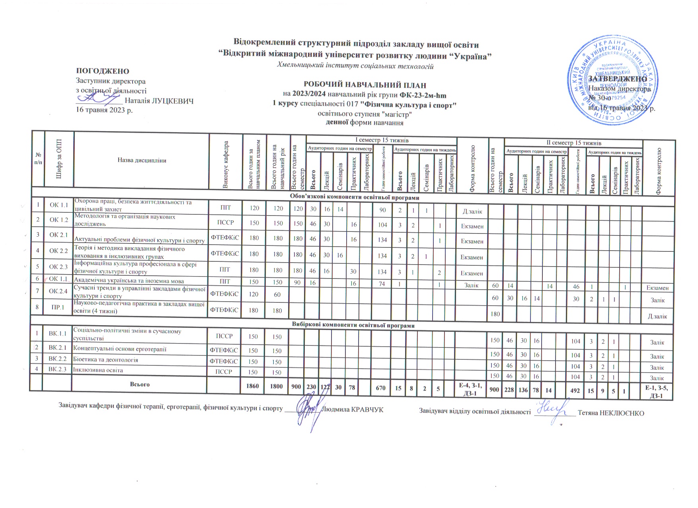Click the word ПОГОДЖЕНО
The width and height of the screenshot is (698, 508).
103,71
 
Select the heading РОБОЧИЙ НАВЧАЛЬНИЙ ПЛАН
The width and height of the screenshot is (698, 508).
365,85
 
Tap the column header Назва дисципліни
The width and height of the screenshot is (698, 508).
142,160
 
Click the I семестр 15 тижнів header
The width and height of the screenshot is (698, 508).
381,140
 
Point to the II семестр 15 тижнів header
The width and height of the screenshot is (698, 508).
573,143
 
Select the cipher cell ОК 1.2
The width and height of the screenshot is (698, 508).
59,220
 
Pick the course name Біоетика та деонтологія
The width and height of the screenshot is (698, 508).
106,360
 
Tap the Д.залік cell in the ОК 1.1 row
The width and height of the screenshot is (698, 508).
472,211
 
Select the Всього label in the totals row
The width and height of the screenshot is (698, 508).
140,384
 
